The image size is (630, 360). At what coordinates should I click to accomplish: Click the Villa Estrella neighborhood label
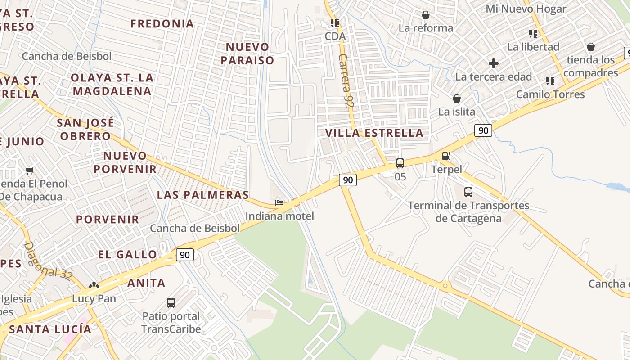tap(374, 133)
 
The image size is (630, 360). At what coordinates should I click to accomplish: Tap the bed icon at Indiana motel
tap(279, 203)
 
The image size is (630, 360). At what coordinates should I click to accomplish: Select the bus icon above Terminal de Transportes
tap(468, 192)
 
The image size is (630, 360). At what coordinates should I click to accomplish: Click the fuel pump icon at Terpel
tap(446, 156)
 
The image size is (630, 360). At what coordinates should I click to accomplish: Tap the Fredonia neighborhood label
tap(162, 23)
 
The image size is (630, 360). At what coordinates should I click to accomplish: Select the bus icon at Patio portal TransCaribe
tap(171, 302)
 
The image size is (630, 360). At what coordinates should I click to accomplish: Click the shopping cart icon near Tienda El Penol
tap(30, 171)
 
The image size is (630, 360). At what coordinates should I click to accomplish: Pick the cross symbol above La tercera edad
tap(494, 63)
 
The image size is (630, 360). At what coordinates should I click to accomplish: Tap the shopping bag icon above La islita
tap(457, 99)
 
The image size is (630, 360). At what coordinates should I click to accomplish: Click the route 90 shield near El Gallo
tap(184, 255)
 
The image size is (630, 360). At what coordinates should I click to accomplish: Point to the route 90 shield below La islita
tap(483, 131)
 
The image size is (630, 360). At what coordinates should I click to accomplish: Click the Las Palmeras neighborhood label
tap(202, 195)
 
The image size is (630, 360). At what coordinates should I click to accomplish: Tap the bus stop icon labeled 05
tap(400, 163)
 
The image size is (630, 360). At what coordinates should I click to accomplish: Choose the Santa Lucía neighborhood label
tap(50, 329)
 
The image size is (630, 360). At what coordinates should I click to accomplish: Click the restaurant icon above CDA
tap(335, 22)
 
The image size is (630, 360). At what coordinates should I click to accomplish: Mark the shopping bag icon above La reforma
tap(426, 15)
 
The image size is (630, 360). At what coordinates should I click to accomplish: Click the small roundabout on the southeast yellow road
tap(445, 285)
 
